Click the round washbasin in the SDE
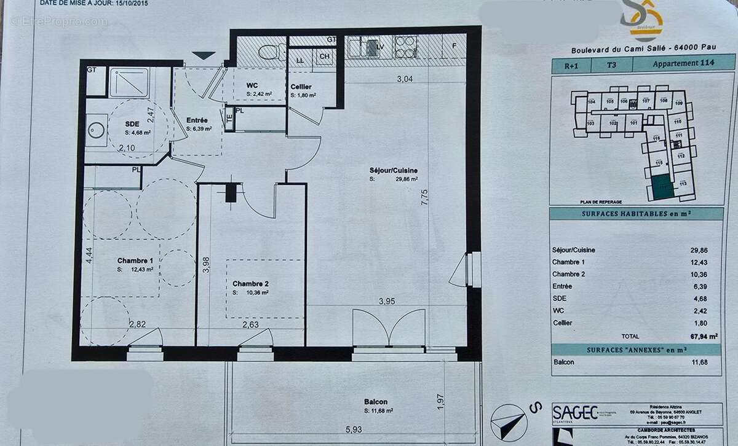[95, 130]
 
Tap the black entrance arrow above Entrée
[204, 55]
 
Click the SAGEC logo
[575, 412]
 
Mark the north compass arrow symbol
[509, 421]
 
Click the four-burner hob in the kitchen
[404, 47]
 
